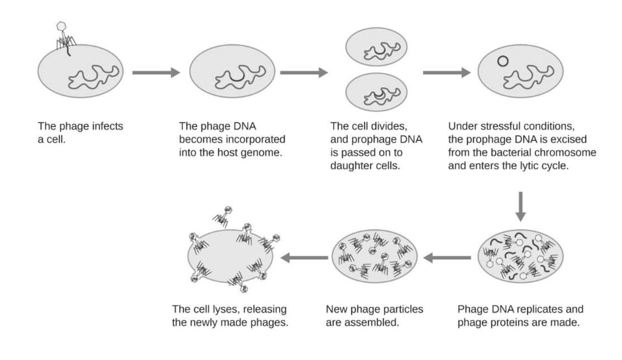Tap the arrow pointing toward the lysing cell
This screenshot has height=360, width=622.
[304, 258]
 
